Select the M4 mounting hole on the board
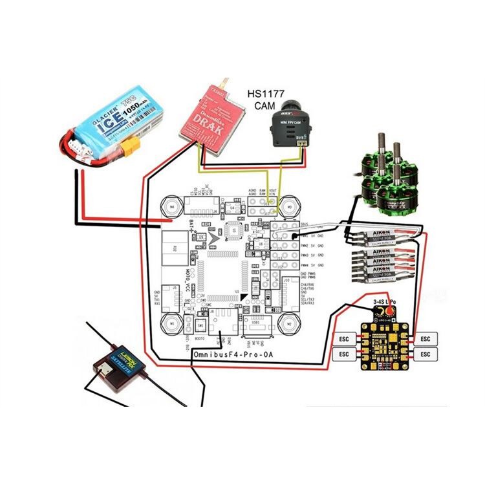click(x=171, y=206)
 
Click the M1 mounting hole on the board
click(x=171, y=322)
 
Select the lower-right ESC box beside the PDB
click(x=425, y=354)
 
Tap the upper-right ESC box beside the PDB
click(x=425, y=338)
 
